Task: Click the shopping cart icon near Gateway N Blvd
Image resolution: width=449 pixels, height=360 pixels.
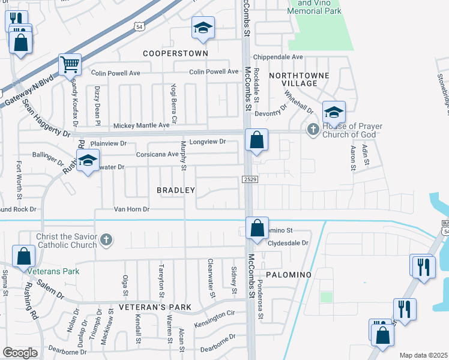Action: pyautogui.click(x=70, y=64)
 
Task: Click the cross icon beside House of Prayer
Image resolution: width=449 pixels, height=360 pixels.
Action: pyautogui.click(x=313, y=130)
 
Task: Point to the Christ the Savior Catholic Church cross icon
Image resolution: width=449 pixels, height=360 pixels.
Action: pyautogui.click(x=106, y=240)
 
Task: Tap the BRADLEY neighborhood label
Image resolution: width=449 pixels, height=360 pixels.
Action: pyautogui.click(x=176, y=190)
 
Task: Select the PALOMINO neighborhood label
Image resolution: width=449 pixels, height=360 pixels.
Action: pyautogui.click(x=288, y=275)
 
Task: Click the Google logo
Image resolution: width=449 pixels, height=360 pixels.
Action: pyautogui.click(x=20, y=353)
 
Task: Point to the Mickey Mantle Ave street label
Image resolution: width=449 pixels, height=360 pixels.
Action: pyautogui.click(x=142, y=125)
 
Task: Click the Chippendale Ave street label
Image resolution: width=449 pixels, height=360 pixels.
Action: pyautogui.click(x=278, y=57)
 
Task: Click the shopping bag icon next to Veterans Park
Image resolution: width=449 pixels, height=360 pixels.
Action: pyautogui.click(x=23, y=256)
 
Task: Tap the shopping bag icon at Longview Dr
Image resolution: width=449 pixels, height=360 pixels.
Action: pyautogui.click(x=256, y=140)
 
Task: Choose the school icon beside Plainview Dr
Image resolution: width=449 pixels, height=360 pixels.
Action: pyautogui.click(x=88, y=161)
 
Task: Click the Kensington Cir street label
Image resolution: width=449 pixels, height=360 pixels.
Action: pyautogui.click(x=215, y=314)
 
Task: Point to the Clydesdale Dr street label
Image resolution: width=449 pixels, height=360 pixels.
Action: pyautogui.click(x=287, y=243)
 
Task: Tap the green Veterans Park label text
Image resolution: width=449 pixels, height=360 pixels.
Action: pyautogui.click(x=53, y=271)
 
